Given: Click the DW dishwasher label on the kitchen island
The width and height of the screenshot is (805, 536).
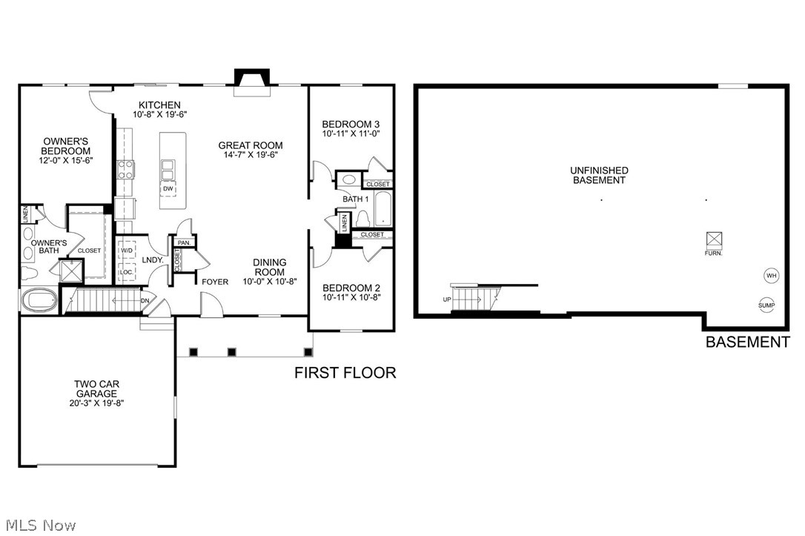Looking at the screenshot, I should [168, 188].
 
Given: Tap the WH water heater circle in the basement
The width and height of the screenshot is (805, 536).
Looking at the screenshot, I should [771, 276].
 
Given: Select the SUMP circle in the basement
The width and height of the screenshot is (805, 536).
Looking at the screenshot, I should [766, 305].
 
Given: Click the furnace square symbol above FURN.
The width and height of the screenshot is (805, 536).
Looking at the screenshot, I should [714, 239].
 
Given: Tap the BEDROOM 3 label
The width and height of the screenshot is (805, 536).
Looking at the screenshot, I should [351, 124].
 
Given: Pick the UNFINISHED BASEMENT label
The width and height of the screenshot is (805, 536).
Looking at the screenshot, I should [599, 175].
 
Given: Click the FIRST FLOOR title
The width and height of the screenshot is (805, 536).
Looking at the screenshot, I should [345, 372].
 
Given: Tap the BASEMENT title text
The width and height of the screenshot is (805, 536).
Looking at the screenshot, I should [747, 342].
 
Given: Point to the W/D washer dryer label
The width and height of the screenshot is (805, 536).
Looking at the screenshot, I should [126, 250].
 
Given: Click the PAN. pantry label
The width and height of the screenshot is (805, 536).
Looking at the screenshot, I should [183, 242].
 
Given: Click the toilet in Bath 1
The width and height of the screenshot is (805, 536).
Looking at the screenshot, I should [363, 219].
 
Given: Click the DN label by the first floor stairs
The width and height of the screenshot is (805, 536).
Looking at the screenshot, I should [146, 300].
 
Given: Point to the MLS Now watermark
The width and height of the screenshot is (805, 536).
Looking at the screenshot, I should [39, 526].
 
